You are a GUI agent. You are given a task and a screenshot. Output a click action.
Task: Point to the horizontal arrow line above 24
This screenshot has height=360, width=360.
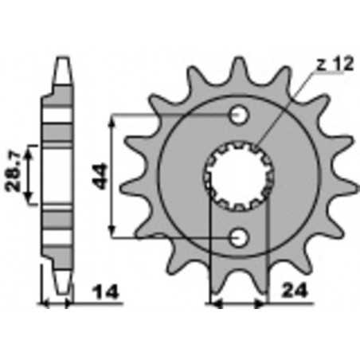point(237,303)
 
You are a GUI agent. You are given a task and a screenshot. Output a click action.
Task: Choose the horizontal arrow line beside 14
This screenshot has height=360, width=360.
point(58,303)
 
